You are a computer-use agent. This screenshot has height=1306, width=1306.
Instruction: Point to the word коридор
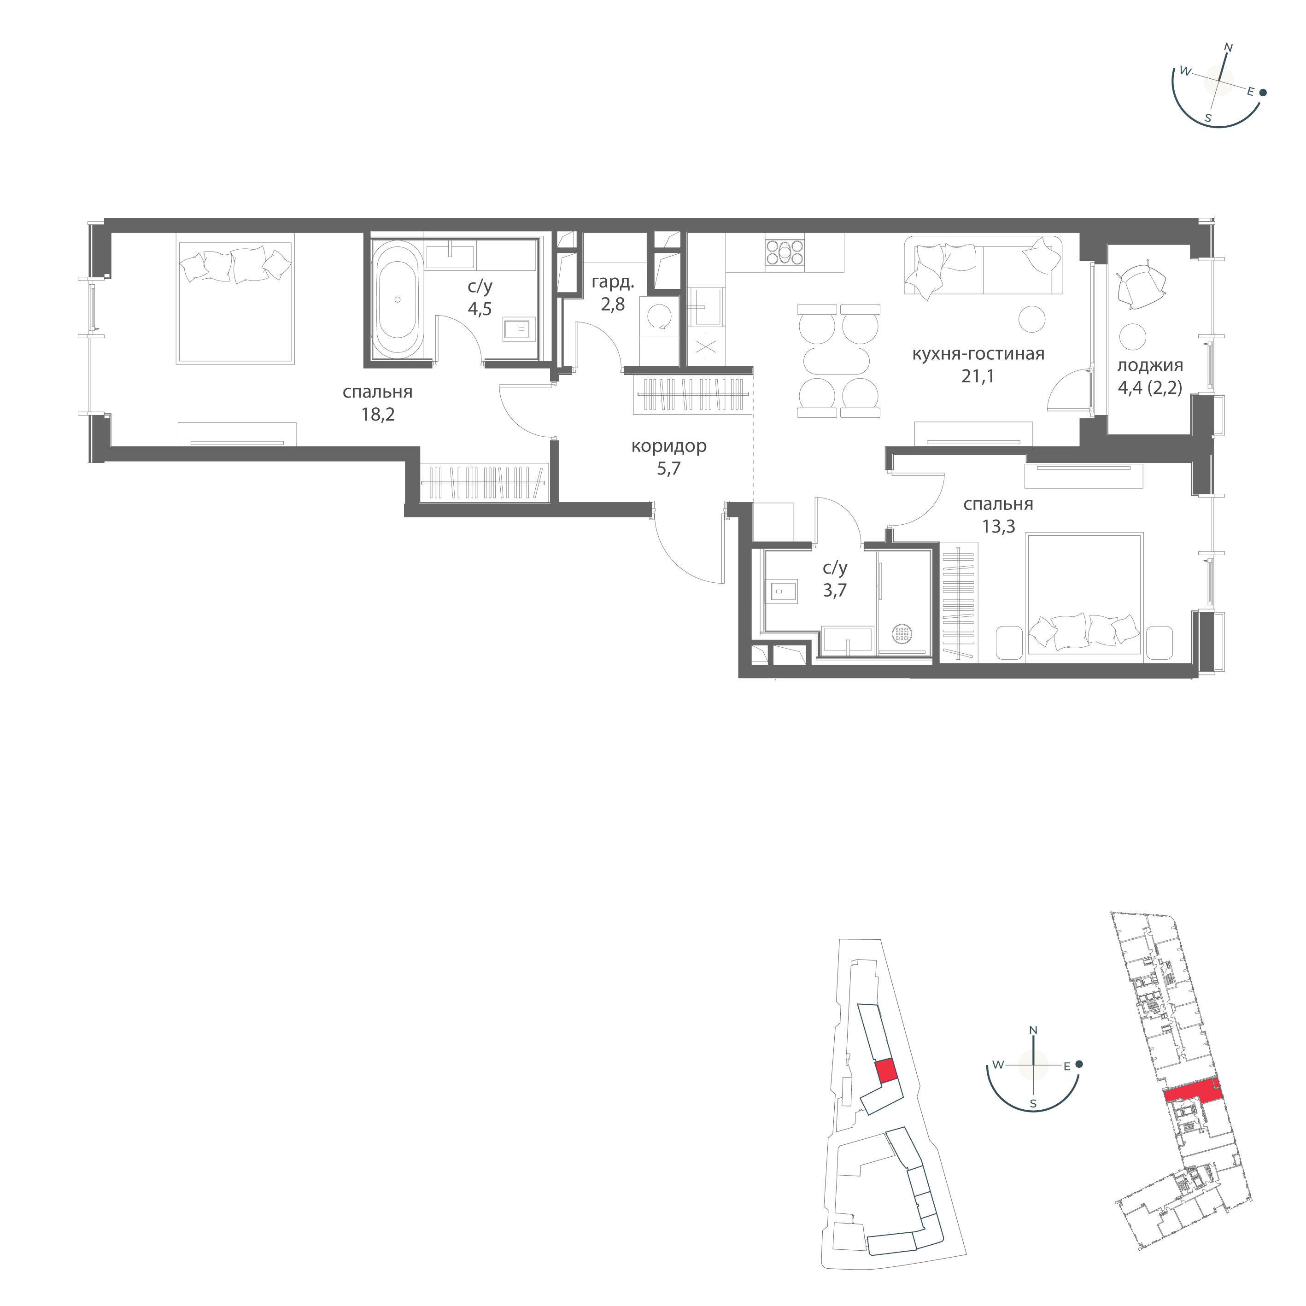[x=668, y=446]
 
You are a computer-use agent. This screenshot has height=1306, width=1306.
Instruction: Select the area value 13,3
[x=998, y=527]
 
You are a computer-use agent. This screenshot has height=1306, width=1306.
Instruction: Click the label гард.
[x=612, y=282]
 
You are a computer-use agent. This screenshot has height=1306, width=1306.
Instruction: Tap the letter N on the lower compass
[x=1032, y=1049]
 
